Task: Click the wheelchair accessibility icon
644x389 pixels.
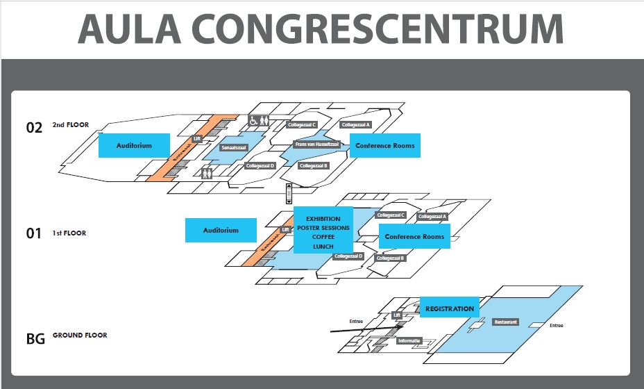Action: click(254, 121)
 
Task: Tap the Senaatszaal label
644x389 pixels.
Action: click(234, 148)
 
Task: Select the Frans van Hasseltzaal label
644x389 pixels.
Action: click(316, 144)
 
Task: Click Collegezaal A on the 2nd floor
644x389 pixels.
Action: click(355, 125)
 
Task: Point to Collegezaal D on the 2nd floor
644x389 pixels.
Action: click(261, 166)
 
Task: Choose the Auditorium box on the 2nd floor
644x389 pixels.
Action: click(134, 146)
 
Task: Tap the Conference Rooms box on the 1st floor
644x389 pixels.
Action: click(414, 237)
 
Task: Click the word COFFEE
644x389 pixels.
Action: click(323, 237)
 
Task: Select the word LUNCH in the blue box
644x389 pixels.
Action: click(323, 247)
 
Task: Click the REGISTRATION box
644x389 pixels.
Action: click(450, 308)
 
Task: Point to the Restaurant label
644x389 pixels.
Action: click(506, 322)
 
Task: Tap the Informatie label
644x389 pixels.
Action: click(409, 341)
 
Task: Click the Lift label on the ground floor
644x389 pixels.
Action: click(397, 315)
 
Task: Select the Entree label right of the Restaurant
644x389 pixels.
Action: click(556, 325)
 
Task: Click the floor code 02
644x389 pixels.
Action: click(34, 128)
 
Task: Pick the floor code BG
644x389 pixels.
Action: click(35, 339)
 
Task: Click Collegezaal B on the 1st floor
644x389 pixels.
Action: click(390, 258)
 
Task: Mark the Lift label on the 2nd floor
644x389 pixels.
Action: click(196, 139)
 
